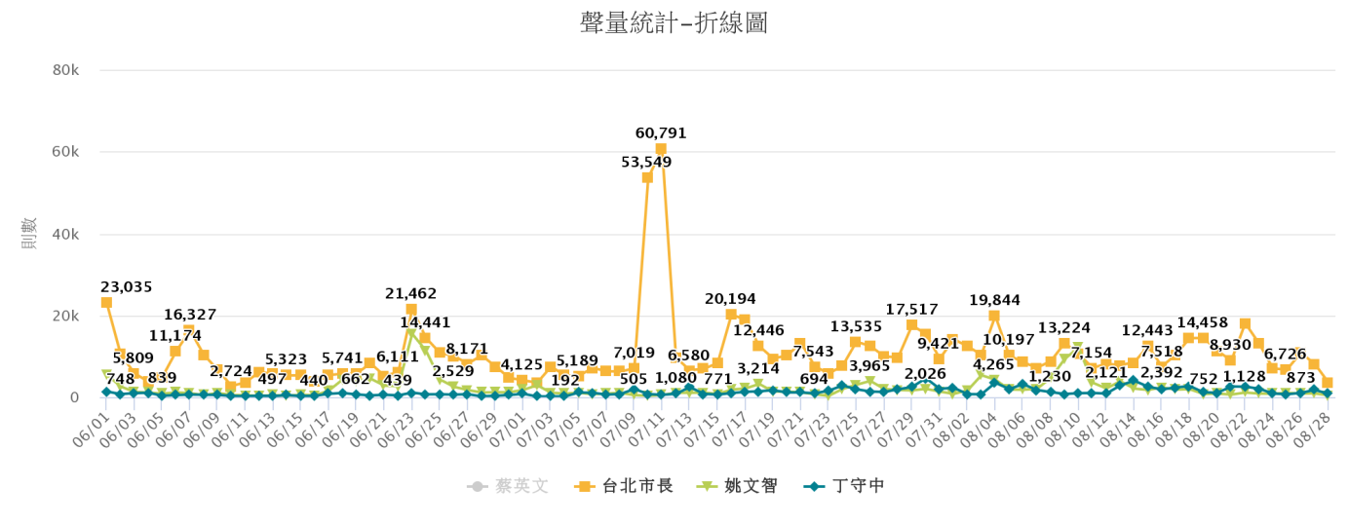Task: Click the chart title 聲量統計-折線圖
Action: pos(674,23)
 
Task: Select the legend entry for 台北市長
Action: pos(624,485)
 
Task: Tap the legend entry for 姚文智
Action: pos(741,485)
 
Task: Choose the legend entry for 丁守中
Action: pos(845,485)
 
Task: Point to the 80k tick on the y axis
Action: pos(65,70)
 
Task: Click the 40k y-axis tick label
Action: pos(65,234)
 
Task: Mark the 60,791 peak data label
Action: pos(661,132)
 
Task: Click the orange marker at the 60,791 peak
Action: pos(661,149)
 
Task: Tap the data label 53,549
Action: pos(647,162)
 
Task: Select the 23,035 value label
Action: pos(127,286)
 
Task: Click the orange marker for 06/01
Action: pos(106,303)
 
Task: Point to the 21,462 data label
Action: pos(411,293)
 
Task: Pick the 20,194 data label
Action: pos(731,298)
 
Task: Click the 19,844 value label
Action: pos(994,299)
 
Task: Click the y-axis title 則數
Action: pos(30,234)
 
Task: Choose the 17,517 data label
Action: pos(911,310)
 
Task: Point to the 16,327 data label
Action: pos(190,315)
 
